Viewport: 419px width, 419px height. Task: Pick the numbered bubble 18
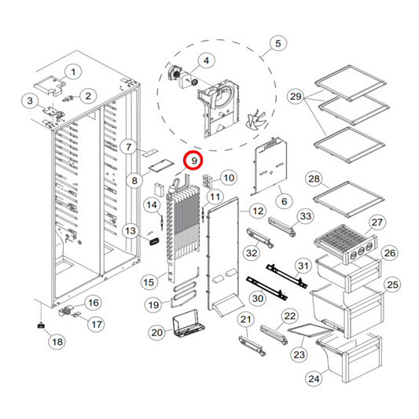[x=57, y=342]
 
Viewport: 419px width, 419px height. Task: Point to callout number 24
[x=314, y=379]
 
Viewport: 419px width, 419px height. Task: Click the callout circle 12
[x=256, y=211]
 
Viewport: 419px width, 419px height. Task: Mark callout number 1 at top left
[x=72, y=72]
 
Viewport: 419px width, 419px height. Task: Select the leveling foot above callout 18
[x=39, y=325]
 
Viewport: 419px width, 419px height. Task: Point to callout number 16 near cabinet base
[x=92, y=303]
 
